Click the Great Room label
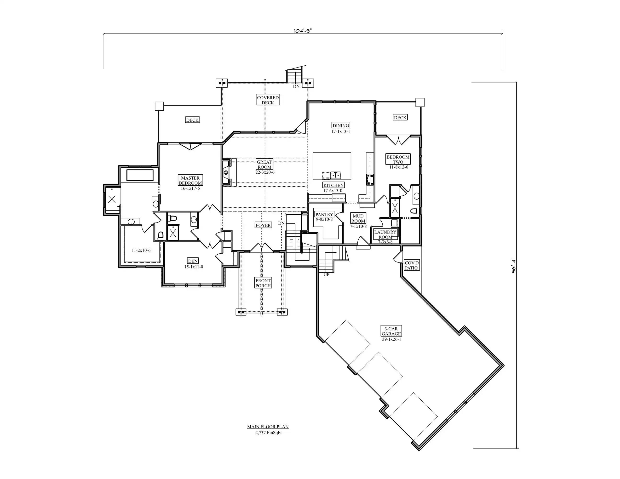(x=264, y=165)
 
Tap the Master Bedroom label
(x=190, y=181)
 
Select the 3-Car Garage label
(x=391, y=331)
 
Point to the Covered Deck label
(x=268, y=100)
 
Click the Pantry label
(x=324, y=215)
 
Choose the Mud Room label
(x=358, y=218)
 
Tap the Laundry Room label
(x=385, y=234)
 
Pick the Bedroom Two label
(x=398, y=160)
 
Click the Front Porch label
(x=263, y=283)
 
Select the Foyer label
(x=263, y=225)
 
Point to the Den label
(x=193, y=261)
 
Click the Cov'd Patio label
(x=412, y=265)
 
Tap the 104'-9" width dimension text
(x=303, y=31)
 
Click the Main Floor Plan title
(x=268, y=427)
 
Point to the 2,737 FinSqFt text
(x=268, y=433)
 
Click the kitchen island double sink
(x=335, y=175)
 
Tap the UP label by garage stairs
(x=327, y=275)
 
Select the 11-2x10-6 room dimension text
(x=141, y=250)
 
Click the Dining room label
(x=341, y=125)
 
